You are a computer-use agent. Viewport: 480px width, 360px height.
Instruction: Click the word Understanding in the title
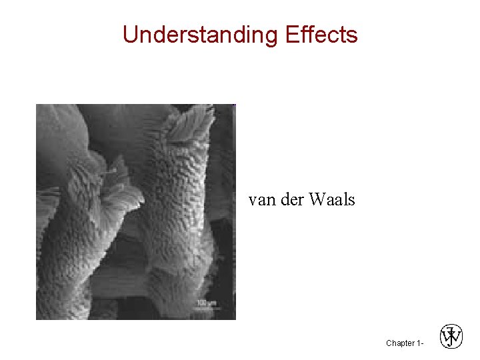coord(201,34)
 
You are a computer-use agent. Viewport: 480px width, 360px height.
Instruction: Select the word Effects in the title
coord(321,34)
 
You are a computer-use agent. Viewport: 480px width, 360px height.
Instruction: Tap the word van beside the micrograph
coord(260,199)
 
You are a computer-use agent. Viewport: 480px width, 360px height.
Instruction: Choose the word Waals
coord(332,199)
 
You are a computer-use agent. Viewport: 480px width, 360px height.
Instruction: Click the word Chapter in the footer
coord(399,343)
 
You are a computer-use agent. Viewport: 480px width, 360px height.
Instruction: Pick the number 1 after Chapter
coord(417,343)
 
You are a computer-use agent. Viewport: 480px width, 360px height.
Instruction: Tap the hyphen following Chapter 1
coord(422,343)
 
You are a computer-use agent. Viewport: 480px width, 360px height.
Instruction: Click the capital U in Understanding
coord(129,34)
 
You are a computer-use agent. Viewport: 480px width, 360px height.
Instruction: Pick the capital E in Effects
coord(291,34)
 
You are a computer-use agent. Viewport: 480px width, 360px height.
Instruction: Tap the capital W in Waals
coord(316,199)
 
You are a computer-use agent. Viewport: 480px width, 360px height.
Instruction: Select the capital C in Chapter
coord(389,343)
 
